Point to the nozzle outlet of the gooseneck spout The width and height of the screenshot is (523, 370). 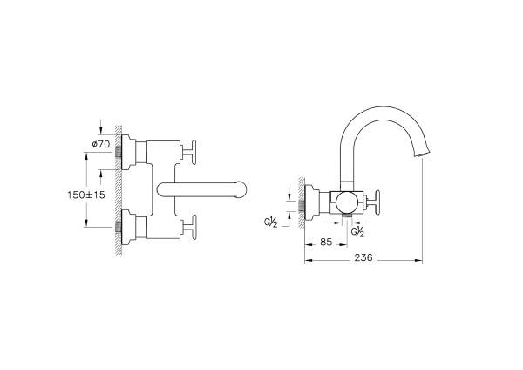click(424, 154)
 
